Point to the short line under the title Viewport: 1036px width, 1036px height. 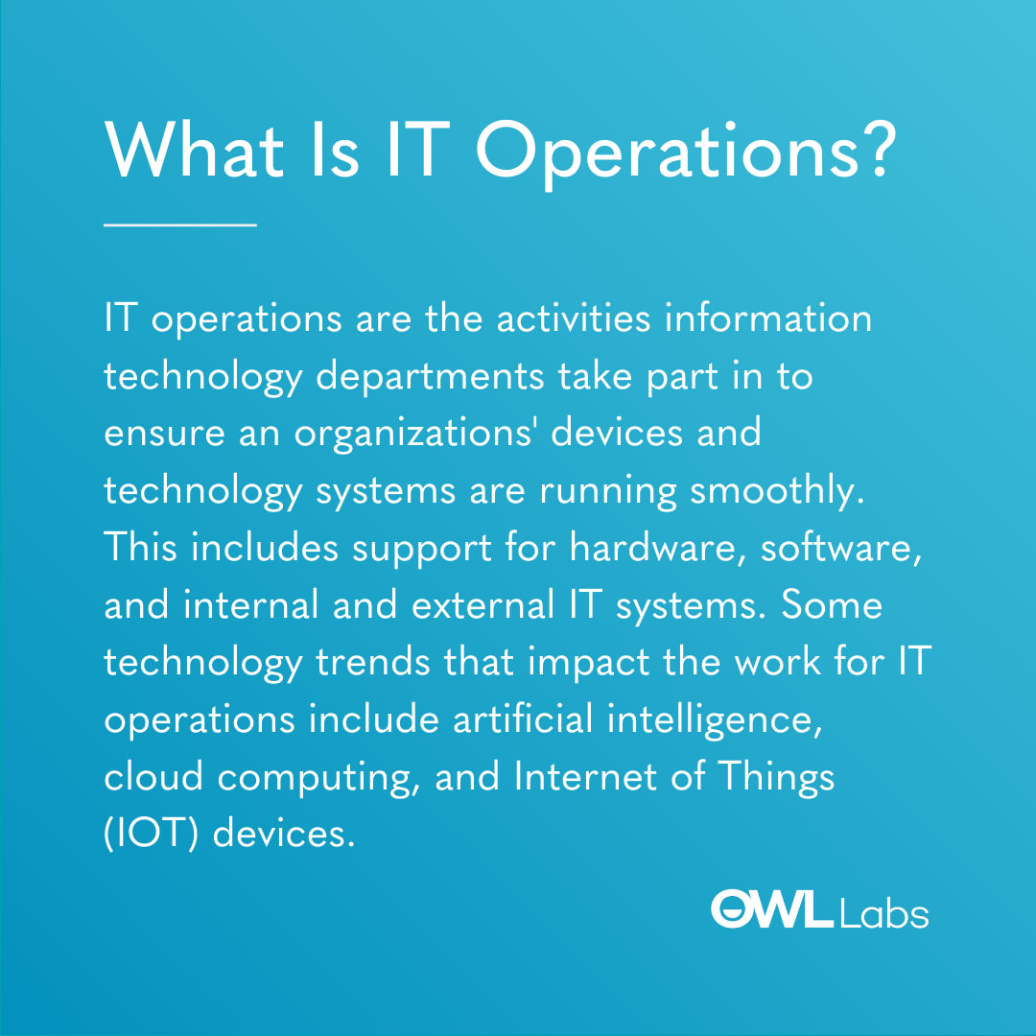[179, 225]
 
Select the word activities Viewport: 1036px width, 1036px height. [574, 318]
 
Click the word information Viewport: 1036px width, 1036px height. [768, 318]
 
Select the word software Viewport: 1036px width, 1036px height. [841, 548]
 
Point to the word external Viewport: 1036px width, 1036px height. [483, 604]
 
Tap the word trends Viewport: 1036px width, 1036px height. [372, 662]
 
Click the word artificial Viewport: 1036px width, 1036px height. [524, 718]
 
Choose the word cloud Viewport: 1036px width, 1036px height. [153, 776]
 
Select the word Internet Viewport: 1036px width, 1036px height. [585, 776]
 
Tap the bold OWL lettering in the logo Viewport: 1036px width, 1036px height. [771, 908]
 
